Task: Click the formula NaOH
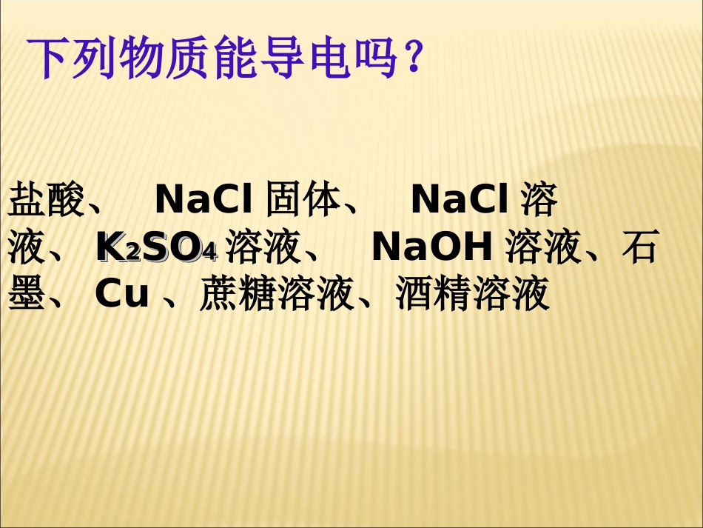pos(433,249)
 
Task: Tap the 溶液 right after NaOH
pos(544,249)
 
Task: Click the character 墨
pos(27,295)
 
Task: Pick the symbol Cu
pos(122,295)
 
